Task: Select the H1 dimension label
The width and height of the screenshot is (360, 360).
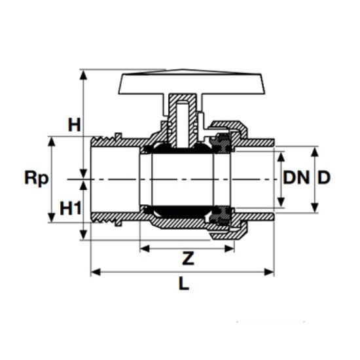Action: (x=71, y=208)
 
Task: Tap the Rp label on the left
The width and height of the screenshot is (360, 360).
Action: (x=36, y=178)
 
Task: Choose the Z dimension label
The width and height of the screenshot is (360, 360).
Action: (x=188, y=259)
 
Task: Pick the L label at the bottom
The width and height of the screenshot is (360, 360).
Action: (x=183, y=285)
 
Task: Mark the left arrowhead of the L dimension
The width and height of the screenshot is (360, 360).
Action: (x=94, y=271)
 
